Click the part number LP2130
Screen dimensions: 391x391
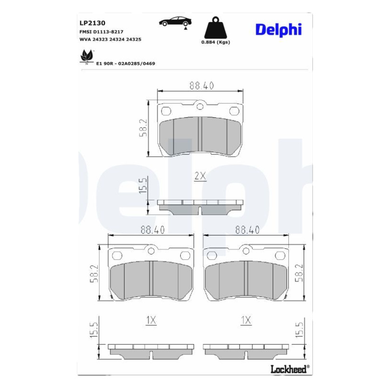click(92, 23)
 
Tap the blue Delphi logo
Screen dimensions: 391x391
click(279, 30)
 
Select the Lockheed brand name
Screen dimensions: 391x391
click(290, 369)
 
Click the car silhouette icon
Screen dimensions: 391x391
click(175, 22)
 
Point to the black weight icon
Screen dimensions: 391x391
click(216, 27)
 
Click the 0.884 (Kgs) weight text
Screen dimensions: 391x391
click(216, 42)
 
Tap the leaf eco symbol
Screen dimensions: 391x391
click(87, 57)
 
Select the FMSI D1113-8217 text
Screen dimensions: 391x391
click(101, 32)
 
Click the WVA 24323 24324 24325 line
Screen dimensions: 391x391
click(110, 40)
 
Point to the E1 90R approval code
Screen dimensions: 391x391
click(126, 64)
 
